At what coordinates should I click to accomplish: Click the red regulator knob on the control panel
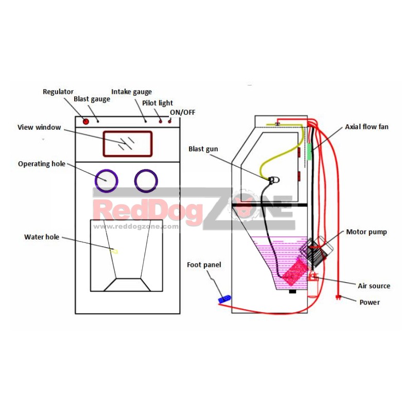(x=85, y=122)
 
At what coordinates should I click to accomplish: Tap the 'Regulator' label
(x=58, y=92)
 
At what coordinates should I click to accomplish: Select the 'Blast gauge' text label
(x=92, y=99)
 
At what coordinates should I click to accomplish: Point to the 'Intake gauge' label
(x=131, y=92)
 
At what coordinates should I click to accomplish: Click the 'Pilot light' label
(x=158, y=103)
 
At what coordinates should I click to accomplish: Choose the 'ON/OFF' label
(x=183, y=112)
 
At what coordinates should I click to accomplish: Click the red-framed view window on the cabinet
(x=127, y=144)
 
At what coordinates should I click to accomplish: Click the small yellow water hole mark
(x=114, y=251)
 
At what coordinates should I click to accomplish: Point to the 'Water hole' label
(x=42, y=237)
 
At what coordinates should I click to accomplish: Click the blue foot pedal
(x=225, y=299)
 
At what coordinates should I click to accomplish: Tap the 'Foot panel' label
(x=204, y=265)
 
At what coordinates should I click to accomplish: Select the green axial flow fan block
(x=310, y=151)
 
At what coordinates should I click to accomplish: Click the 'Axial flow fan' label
(x=367, y=127)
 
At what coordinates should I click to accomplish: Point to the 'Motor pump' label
(x=366, y=232)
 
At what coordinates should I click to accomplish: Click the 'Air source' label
(x=374, y=286)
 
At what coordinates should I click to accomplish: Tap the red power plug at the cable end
(x=338, y=298)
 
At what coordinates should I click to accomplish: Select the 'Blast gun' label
(x=203, y=149)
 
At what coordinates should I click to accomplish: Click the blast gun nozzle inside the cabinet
(x=274, y=180)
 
